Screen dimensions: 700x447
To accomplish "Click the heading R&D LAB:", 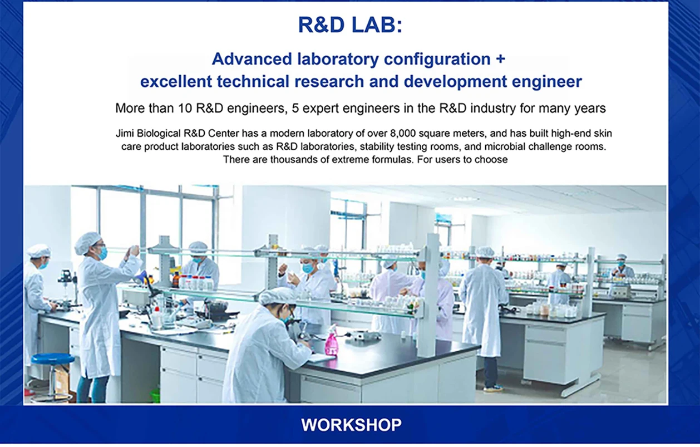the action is pyautogui.click(x=350, y=24).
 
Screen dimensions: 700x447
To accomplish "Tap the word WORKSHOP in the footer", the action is pyautogui.click(x=351, y=425).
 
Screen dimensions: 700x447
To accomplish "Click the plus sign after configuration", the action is pyautogui.click(x=500, y=59).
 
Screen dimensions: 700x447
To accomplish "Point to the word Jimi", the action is pyautogui.click(x=125, y=134).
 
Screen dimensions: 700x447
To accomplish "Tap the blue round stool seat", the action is pyautogui.click(x=52, y=358).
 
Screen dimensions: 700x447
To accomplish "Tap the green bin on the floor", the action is pyautogui.click(x=155, y=395).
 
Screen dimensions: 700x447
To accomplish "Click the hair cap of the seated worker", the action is pyautogui.click(x=276, y=296).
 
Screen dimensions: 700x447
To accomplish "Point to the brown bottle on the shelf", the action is pyautogui.click(x=176, y=279).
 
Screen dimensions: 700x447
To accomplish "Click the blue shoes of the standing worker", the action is pyautogui.click(x=493, y=389).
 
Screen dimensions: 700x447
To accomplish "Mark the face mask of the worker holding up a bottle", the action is pyautogui.click(x=102, y=253).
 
